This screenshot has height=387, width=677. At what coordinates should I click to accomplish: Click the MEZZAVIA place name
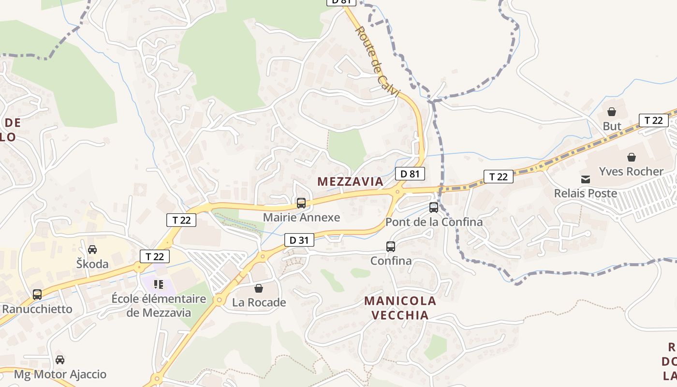point(350,182)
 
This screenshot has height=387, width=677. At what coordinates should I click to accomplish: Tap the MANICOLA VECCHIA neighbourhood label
point(400,308)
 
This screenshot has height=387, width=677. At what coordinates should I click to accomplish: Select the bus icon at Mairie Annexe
point(301,203)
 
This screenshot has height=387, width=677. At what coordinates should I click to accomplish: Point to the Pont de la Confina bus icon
point(434,208)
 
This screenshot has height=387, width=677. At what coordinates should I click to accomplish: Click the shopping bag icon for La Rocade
point(259,288)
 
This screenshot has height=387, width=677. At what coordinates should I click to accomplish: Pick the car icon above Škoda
point(92,250)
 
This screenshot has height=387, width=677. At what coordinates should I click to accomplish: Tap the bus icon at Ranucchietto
point(37,294)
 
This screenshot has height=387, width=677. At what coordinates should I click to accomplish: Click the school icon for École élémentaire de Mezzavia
point(159,284)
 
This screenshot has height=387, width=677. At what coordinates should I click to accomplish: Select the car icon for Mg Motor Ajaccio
point(60,360)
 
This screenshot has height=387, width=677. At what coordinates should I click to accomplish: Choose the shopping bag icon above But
point(612,112)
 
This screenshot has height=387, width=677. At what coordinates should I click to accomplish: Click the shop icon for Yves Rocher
point(631,157)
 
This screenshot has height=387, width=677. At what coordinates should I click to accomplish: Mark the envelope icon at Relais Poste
point(586,179)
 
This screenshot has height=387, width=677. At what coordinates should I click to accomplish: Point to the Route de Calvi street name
point(377,61)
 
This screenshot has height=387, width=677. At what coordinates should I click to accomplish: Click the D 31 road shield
point(299,239)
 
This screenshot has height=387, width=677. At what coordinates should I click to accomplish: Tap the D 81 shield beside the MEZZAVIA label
point(410,174)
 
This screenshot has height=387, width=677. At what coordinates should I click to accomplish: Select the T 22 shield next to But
point(653,120)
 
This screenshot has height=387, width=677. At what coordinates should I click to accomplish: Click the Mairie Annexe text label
point(301,218)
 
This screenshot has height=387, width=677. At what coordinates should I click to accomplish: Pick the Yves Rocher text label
point(631,172)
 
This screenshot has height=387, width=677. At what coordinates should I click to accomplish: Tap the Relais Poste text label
point(586,193)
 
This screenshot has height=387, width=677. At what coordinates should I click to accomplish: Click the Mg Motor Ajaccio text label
point(60,374)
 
